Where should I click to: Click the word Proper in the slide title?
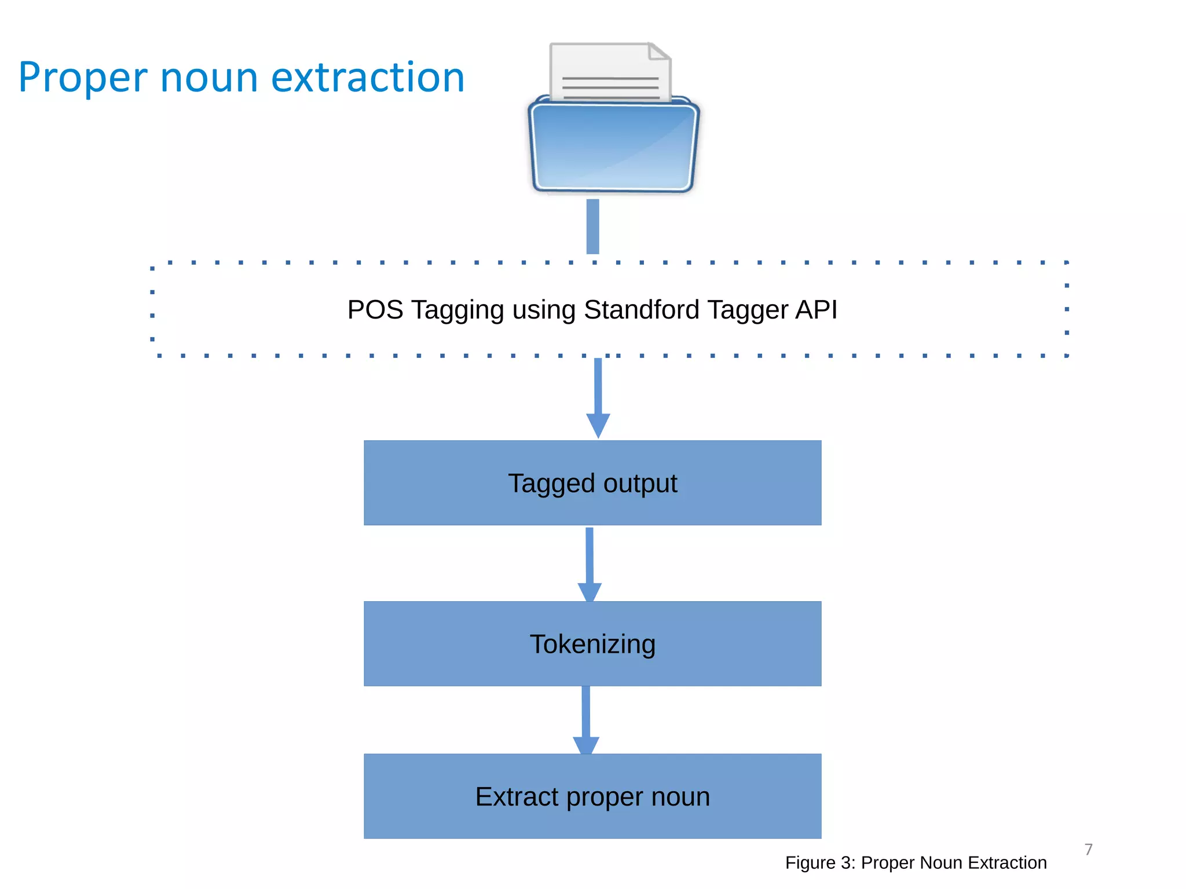83,78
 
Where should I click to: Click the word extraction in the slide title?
368,78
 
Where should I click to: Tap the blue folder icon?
613,148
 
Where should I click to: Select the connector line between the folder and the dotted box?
592,226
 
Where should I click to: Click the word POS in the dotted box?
375,310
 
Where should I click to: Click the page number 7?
1088,849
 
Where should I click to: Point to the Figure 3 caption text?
916,862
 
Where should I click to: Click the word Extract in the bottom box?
517,796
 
